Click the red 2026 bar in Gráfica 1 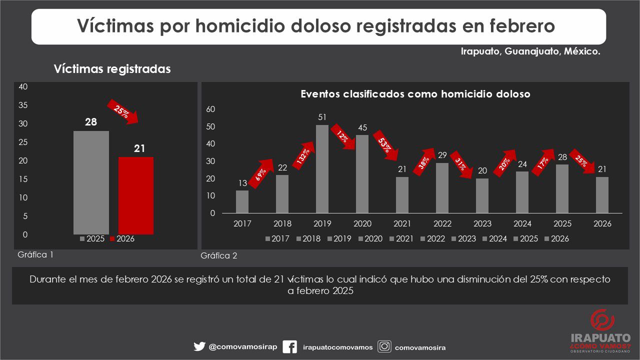(x=136, y=195)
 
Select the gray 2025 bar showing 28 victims (x=91, y=182)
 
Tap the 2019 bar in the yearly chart (x=322, y=169)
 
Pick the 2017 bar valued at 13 (x=242, y=201)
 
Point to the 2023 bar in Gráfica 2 (x=482, y=195)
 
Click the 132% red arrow (x=303, y=155)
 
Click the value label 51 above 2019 (x=322, y=117)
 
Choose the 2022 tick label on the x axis (x=443, y=224)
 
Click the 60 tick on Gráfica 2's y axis (x=211, y=109)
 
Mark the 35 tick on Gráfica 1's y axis (x=23, y=105)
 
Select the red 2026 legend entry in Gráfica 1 (x=122, y=239)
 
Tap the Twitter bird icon (x=199, y=346)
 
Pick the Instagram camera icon (x=384, y=346)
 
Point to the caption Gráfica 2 (x=219, y=256)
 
